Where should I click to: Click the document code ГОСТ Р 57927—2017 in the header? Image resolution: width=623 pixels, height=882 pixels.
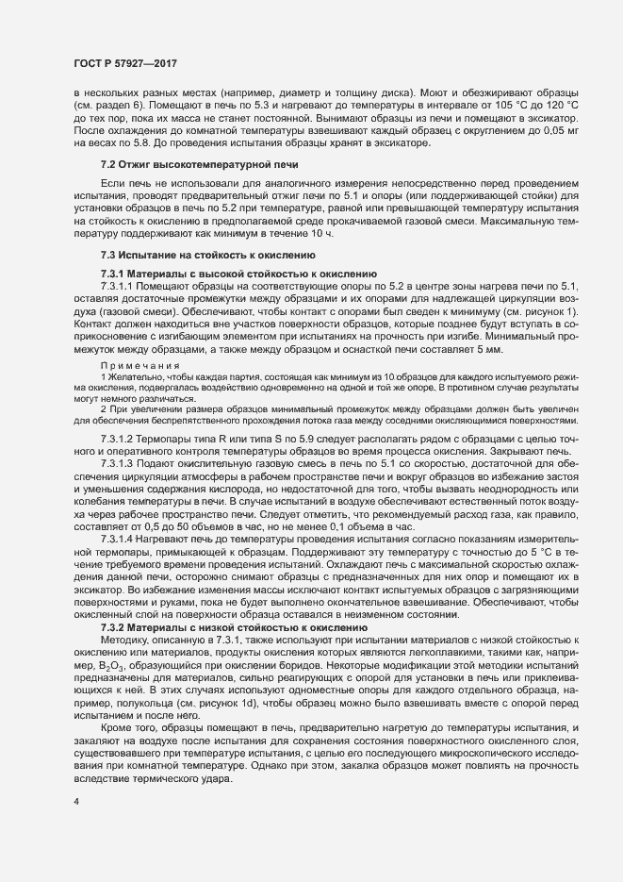(124, 63)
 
